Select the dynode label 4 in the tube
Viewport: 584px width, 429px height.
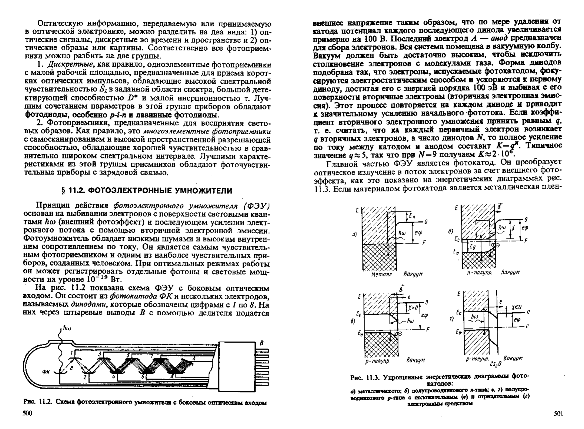[x=113, y=377]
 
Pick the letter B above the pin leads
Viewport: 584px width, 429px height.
[x=262, y=343]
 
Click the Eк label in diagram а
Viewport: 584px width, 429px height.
[x=412, y=216]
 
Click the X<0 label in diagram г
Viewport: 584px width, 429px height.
[x=516, y=307]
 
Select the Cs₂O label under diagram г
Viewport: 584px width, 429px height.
[x=495, y=364]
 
